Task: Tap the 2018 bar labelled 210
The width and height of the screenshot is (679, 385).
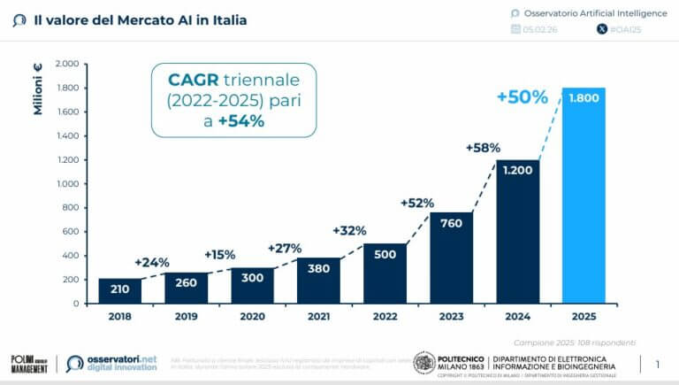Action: [x=120, y=290]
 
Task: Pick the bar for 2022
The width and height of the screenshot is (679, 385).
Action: [x=385, y=273]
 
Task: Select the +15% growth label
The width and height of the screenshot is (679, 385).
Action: [x=219, y=255]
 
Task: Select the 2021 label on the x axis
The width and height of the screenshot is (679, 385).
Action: [x=319, y=314]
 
